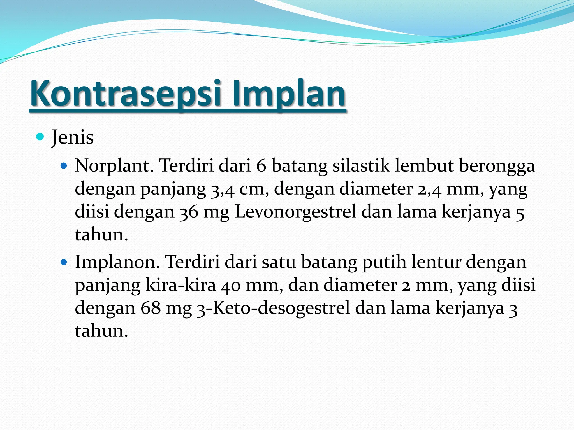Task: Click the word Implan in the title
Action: pyautogui.click(x=289, y=94)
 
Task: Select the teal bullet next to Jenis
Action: pyautogui.click(x=40, y=137)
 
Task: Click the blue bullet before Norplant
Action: pyautogui.click(x=64, y=166)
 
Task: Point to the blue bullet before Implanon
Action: pyautogui.click(x=64, y=263)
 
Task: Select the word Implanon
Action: pyautogui.click(x=117, y=263)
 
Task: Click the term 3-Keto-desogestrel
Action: pyautogui.click(x=273, y=308)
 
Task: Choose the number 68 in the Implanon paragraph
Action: pyautogui.click(x=151, y=308)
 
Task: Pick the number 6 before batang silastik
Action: pyautogui.click(x=261, y=166)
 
